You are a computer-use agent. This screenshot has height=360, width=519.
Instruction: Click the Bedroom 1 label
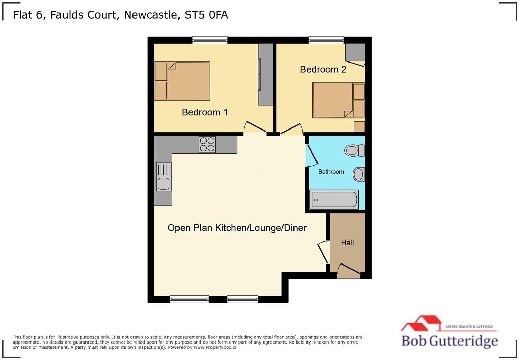tap(205, 112)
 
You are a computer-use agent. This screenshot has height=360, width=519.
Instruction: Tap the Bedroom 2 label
tap(323, 69)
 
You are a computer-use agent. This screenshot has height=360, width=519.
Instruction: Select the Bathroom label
tap(331, 172)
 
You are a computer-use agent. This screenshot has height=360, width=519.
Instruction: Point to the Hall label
tap(347, 243)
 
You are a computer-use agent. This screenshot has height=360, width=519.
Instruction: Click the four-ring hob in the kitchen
tap(207, 144)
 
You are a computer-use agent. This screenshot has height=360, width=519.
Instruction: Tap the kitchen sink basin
tap(163, 183)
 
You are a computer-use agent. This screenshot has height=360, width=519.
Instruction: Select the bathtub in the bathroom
tap(334, 200)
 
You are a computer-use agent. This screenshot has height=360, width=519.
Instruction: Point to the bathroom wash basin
tap(359, 174)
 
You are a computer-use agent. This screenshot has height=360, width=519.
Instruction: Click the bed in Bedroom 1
tap(188, 81)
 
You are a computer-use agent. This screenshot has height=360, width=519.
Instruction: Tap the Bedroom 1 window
tap(210, 41)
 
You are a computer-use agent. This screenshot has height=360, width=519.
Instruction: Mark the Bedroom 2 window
tap(326, 41)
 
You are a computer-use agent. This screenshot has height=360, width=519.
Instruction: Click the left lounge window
tap(189, 299)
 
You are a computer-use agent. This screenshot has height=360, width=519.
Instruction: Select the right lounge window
tap(242, 299)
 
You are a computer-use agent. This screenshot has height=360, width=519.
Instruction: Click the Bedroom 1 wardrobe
tap(266, 74)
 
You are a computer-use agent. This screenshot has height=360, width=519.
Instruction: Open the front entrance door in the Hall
tap(349, 272)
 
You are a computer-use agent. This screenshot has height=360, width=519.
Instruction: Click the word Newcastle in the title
tap(151, 15)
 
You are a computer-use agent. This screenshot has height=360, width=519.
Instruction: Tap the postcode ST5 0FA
tap(206, 15)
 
